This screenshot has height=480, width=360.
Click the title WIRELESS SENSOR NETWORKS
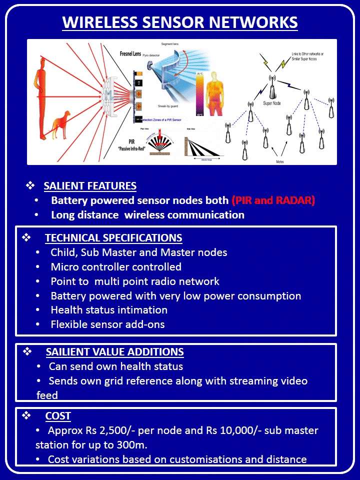point(180,22)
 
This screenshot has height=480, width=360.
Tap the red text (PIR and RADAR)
point(273,200)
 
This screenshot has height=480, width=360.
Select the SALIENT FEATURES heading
point(90,186)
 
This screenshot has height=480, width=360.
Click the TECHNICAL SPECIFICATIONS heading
point(113,238)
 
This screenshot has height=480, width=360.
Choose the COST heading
point(58,416)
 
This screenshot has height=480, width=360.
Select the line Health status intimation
point(109,310)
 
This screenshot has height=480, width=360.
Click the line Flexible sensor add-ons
point(107,324)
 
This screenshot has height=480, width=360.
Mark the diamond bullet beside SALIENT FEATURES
point(30,186)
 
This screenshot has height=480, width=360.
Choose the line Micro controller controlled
point(116,267)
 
